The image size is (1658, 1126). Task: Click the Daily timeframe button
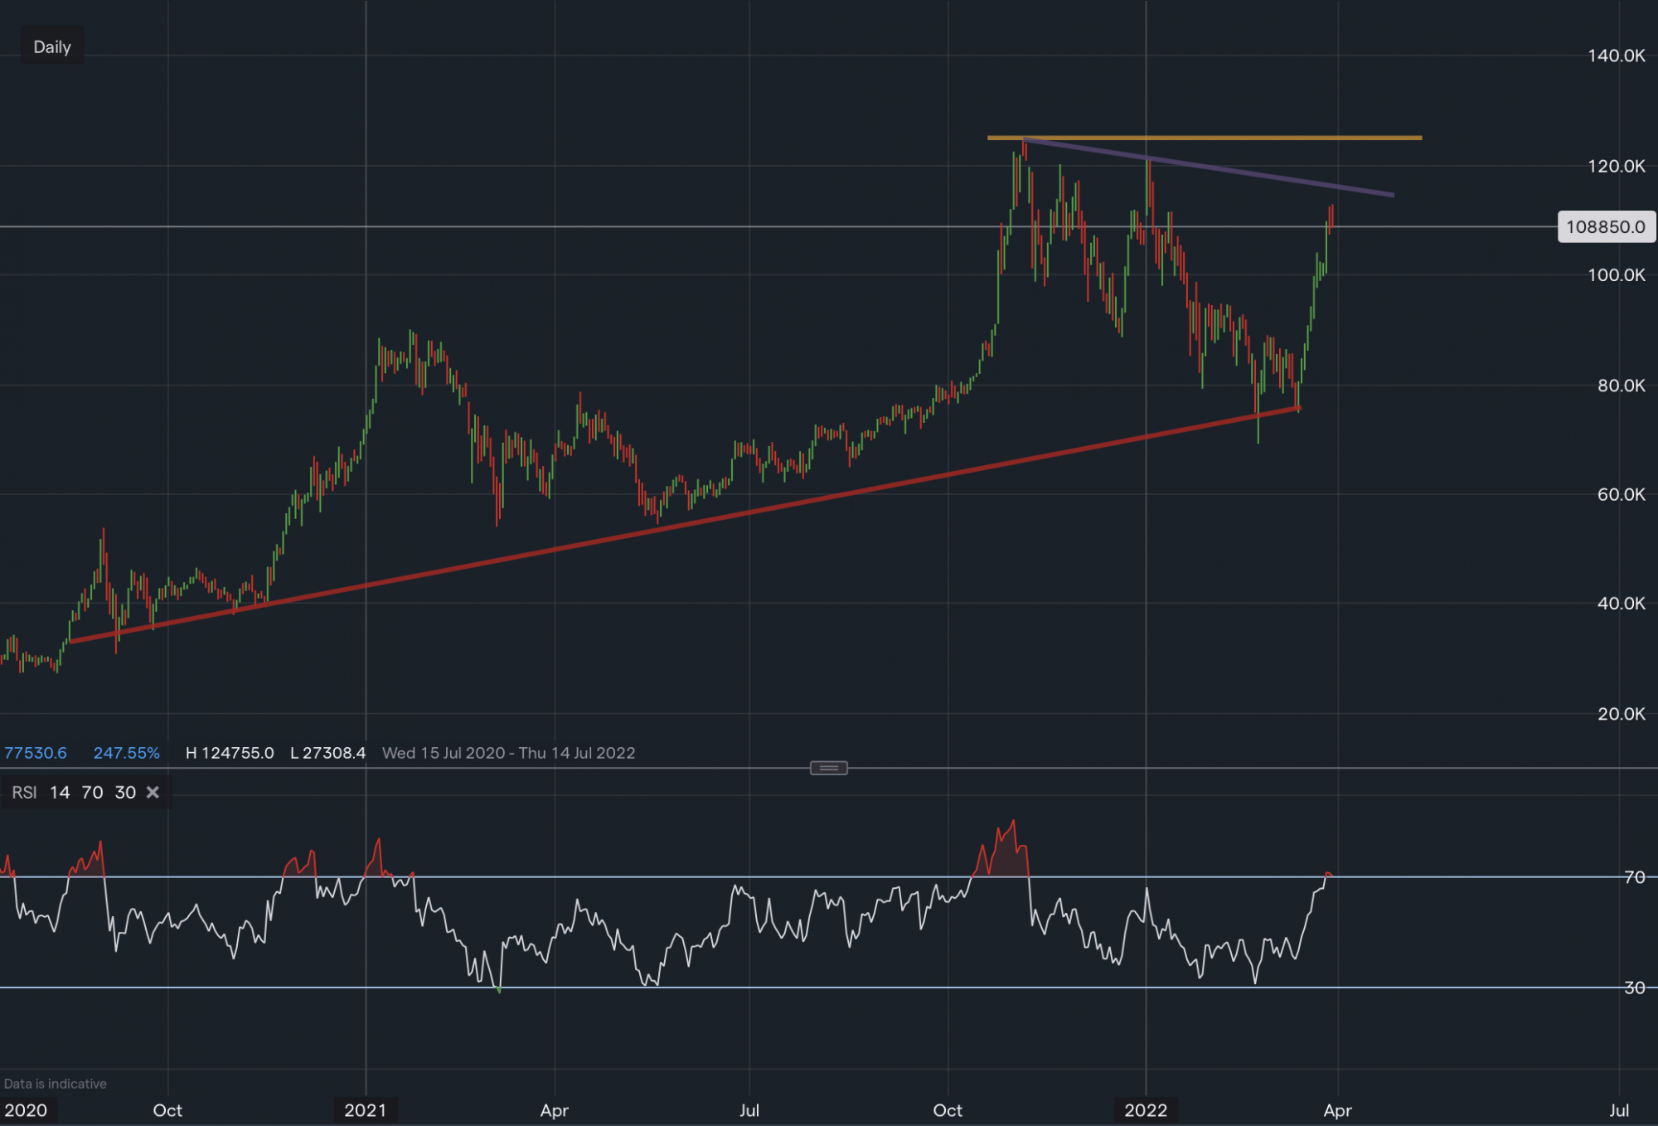(x=52, y=47)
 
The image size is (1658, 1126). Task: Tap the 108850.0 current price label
(x=1606, y=227)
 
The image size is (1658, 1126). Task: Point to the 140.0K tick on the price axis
(x=1616, y=56)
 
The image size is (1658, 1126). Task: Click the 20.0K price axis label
(x=1621, y=714)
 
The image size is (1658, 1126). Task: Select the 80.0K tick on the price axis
(x=1621, y=386)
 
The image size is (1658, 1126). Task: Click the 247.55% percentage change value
(x=126, y=753)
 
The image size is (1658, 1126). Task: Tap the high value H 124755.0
(x=230, y=753)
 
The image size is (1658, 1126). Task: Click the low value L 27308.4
(x=327, y=753)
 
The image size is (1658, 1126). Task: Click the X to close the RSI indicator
(x=153, y=793)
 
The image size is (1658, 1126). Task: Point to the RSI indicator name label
(x=24, y=793)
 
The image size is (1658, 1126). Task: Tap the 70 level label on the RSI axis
(x=1634, y=877)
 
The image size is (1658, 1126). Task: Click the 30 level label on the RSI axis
(x=1634, y=988)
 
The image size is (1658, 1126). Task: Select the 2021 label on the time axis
(x=366, y=1110)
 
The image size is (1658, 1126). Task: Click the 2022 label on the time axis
(x=1146, y=1110)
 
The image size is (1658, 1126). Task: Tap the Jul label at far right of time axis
(x=1618, y=1110)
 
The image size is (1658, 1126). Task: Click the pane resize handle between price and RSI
(x=828, y=769)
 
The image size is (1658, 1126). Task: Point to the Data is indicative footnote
(x=55, y=1084)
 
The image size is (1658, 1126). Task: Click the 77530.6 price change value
(x=36, y=753)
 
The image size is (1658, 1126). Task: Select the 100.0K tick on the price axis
(x=1616, y=275)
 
